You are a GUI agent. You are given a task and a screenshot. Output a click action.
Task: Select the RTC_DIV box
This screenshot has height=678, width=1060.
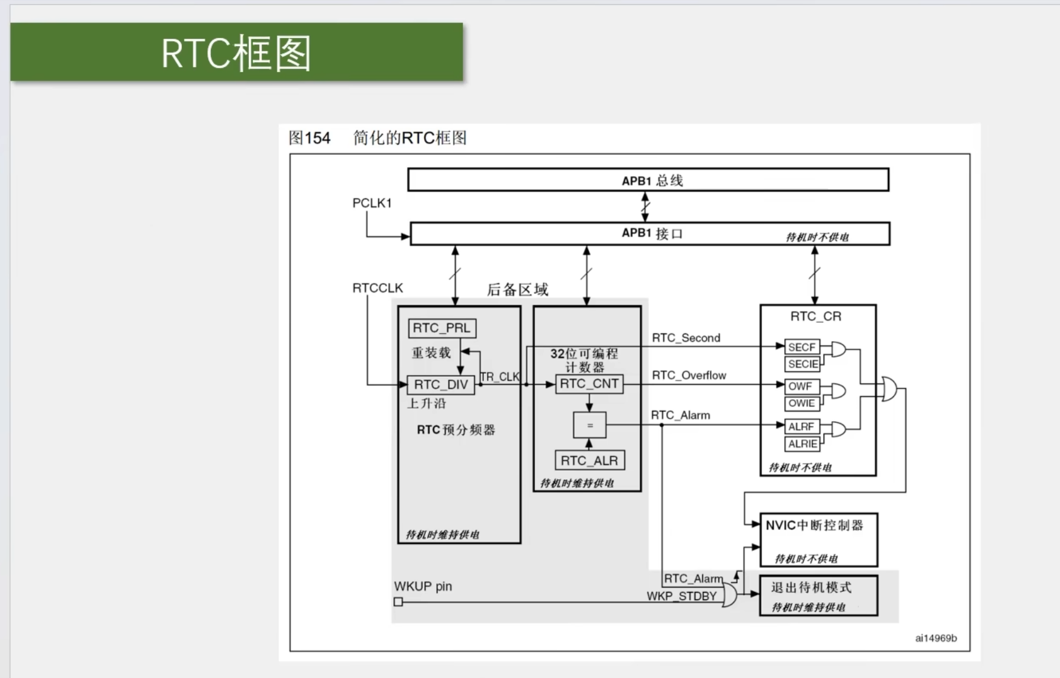tap(441, 385)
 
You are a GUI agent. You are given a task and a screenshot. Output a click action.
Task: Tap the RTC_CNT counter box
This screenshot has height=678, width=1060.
tap(589, 384)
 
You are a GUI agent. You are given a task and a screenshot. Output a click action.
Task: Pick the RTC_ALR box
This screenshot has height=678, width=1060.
tap(589, 460)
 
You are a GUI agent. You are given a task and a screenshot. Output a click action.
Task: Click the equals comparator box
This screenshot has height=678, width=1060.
tap(589, 425)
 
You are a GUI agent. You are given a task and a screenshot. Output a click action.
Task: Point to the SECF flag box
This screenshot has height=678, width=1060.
tap(802, 347)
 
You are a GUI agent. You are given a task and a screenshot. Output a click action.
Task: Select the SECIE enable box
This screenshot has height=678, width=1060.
tap(803, 364)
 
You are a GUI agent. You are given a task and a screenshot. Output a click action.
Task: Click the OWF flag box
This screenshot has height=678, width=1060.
tap(802, 387)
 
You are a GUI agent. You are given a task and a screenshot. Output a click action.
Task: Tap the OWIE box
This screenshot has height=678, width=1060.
tap(802, 404)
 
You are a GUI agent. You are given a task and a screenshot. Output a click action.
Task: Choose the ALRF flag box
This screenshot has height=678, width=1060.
tap(802, 427)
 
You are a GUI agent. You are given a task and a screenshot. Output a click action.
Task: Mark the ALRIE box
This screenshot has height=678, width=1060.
tap(803, 444)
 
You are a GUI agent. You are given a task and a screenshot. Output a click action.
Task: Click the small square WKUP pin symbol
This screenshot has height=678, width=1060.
tap(398, 602)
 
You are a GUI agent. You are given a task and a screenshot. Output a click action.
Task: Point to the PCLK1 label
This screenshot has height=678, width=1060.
tap(372, 203)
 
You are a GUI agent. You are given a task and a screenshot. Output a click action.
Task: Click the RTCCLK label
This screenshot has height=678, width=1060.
tap(377, 288)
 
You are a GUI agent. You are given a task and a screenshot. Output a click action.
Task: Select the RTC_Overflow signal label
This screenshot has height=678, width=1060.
tap(689, 376)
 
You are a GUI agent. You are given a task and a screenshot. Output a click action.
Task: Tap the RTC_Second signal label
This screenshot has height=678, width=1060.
tap(686, 338)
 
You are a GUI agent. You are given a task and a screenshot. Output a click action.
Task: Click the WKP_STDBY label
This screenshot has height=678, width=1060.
tap(681, 596)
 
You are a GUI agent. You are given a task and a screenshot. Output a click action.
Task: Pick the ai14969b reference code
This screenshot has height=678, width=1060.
tap(936, 638)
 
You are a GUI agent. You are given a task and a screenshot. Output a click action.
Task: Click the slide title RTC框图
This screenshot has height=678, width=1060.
tap(236, 53)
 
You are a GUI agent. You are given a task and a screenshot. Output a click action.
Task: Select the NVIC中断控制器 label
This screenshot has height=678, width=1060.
tap(814, 525)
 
